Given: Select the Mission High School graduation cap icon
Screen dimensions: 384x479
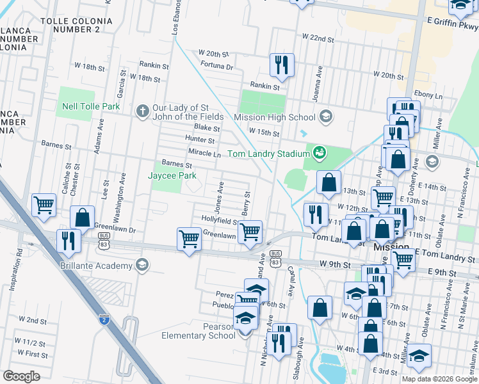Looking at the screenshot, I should tap(326, 116).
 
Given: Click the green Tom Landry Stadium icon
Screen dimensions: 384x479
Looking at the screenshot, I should tap(318, 153).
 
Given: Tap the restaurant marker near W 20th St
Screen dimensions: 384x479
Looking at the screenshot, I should tap(282, 65).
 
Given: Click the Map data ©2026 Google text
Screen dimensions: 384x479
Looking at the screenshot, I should tap(439, 378).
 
